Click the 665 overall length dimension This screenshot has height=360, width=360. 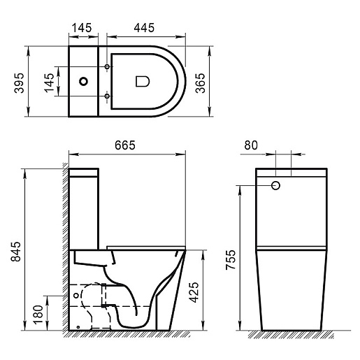pos(125,145)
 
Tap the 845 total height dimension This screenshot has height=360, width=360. pos(16,252)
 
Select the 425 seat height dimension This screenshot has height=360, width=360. pos(194,292)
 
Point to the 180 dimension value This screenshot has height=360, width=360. pos(38,315)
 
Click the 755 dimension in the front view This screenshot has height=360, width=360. pos(231,260)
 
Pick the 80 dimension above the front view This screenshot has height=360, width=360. pos(251,145)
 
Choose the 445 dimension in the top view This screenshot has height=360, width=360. pos(144,28)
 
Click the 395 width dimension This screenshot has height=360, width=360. pos(19,83)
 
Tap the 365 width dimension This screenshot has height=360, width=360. pos(200,83)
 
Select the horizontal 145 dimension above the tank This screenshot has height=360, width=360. pos(82,28)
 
